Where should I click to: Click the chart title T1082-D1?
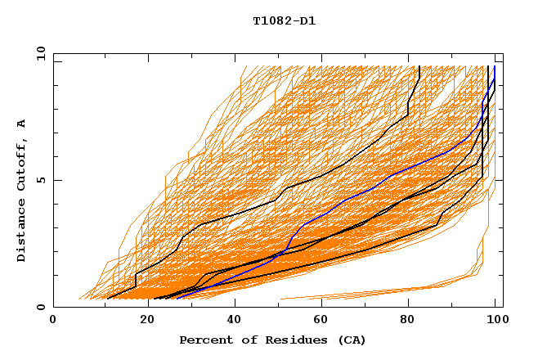pyautogui.click(x=284, y=20)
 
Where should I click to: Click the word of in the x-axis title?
pyautogui.click(x=244, y=340)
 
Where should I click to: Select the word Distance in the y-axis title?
pyautogui.click(x=22, y=234)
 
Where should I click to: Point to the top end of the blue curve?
pyautogui.click(x=495, y=67)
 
